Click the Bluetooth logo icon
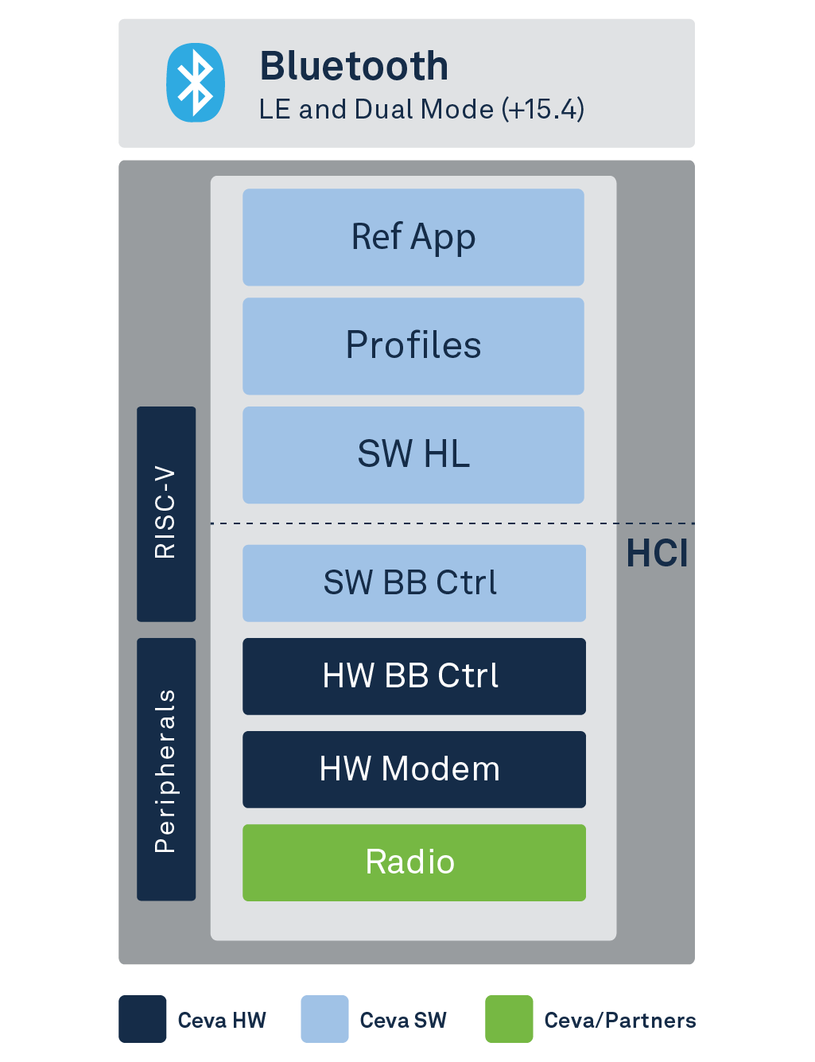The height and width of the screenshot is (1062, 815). click(x=195, y=83)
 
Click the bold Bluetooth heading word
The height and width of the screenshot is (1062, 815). click(x=354, y=66)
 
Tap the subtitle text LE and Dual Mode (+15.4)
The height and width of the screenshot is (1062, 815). click(x=421, y=109)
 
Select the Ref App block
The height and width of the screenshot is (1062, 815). click(x=413, y=237)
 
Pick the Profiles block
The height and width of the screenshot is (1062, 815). click(x=413, y=346)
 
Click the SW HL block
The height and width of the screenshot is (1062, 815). click(x=413, y=455)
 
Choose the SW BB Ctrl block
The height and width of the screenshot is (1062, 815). click(x=413, y=583)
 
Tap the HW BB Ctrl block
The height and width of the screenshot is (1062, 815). click(x=413, y=676)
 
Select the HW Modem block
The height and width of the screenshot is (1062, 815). click(x=413, y=769)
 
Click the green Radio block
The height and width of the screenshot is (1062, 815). click(x=413, y=862)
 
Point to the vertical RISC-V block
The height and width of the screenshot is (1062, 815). click(x=166, y=514)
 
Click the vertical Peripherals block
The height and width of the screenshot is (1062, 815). click(x=166, y=769)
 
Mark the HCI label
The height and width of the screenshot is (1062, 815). click(x=657, y=554)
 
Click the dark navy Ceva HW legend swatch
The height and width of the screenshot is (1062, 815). click(x=142, y=1019)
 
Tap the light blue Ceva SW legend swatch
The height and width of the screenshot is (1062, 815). click(x=324, y=1019)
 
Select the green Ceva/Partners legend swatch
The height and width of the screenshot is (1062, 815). click(x=509, y=1019)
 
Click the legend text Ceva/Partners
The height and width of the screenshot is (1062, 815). click(x=619, y=1021)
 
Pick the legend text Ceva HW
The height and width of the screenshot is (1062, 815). click(x=222, y=1021)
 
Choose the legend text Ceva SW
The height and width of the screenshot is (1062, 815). click(x=403, y=1021)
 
